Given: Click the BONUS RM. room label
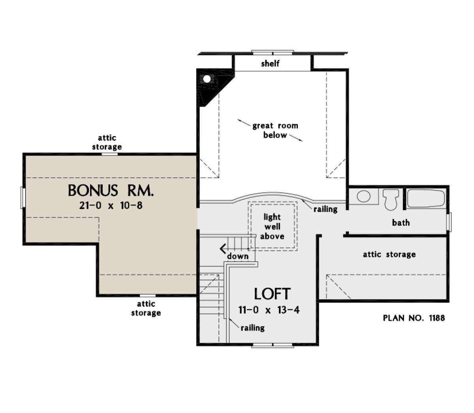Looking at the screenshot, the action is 111,190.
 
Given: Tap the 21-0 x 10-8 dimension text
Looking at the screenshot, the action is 111,206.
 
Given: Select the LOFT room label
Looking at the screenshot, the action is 272,294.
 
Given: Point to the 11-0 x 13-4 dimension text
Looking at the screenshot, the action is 269,310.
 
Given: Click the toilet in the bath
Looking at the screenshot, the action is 391,200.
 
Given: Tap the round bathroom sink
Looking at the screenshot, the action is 363,196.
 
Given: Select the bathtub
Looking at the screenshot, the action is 426,199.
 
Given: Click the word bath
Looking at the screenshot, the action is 401,223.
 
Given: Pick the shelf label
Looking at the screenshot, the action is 270,63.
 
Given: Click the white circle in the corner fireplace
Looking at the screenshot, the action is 207,79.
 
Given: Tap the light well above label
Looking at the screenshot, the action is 272,227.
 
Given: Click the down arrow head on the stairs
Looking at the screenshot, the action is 223,249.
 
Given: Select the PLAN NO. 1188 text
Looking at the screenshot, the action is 414,318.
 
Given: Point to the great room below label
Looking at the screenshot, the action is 275,130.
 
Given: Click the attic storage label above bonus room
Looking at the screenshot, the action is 107,142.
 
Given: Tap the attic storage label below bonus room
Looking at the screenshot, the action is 146,308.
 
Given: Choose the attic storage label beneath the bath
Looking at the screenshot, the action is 389,255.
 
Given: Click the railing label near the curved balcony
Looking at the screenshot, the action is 325,209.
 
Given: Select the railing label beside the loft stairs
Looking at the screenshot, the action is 252,328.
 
